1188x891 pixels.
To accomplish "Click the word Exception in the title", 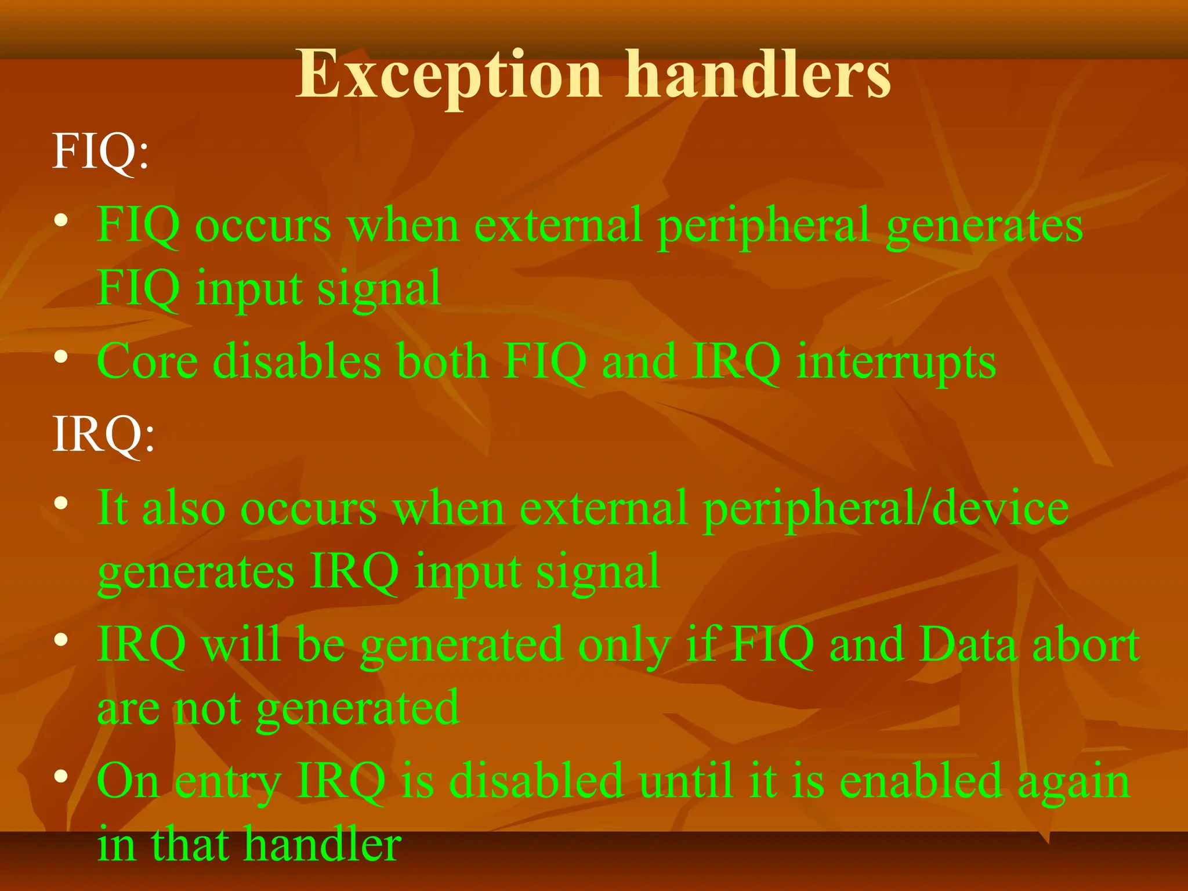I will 449,75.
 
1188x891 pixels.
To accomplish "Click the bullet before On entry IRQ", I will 61,776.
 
